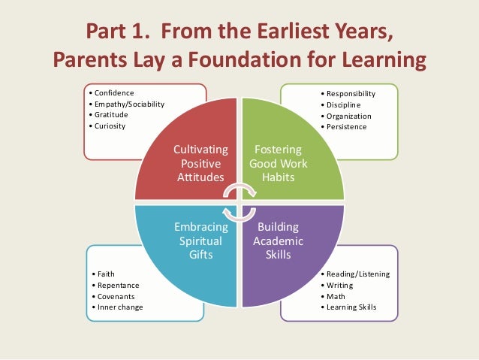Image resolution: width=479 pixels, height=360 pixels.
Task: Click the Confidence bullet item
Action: [x=110, y=92]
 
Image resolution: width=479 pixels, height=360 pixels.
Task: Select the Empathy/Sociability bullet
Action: [x=127, y=104]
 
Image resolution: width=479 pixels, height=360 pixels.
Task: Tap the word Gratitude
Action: [x=110, y=115]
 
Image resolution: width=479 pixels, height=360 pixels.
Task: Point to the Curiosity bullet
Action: [x=109, y=126]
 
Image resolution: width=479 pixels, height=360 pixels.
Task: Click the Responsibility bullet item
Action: [x=349, y=93]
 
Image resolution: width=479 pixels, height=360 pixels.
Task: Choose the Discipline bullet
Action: [x=343, y=104]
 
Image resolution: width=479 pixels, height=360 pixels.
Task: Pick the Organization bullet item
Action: [x=348, y=116]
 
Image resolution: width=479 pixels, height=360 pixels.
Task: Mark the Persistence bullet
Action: [x=345, y=127]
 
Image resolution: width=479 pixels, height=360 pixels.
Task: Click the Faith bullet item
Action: [x=102, y=274]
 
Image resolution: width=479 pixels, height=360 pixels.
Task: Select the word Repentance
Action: [x=115, y=285]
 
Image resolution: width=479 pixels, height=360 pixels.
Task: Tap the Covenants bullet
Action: [x=113, y=296]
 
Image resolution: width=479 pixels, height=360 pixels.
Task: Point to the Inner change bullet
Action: [x=117, y=307]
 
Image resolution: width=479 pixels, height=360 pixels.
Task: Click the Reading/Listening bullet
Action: [x=356, y=274]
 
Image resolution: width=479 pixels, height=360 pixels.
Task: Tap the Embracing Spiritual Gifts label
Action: [x=200, y=241]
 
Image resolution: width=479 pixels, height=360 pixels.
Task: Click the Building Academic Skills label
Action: [x=278, y=241]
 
